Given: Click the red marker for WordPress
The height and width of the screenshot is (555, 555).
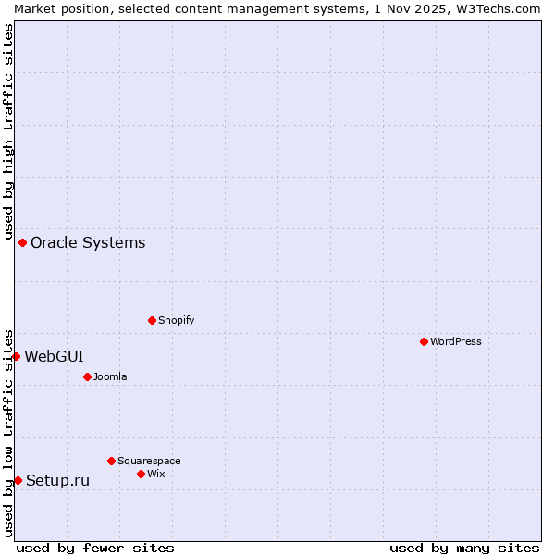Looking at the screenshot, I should (424, 341).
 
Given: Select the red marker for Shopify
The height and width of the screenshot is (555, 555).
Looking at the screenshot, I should (152, 320).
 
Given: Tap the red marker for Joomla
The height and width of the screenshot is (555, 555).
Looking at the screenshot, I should (87, 376).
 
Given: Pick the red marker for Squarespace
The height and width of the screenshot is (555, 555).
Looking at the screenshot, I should (111, 461).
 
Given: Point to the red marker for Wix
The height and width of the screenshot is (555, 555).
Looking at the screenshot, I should (141, 474).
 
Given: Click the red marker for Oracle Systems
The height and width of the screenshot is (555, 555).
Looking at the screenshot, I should (22, 242).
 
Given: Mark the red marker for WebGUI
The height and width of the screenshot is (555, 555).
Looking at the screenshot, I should (16, 356).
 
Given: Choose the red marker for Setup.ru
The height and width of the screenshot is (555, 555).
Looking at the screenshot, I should (18, 480).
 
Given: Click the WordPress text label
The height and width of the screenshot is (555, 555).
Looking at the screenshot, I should (456, 341).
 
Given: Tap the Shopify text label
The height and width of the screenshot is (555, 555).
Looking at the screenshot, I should (176, 320).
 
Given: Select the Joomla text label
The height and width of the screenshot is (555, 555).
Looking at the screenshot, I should (110, 376).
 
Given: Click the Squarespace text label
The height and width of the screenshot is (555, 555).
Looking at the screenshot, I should (149, 461).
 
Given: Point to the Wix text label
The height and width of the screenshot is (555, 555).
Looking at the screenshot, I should (155, 474).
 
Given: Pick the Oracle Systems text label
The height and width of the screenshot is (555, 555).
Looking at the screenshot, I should (88, 242).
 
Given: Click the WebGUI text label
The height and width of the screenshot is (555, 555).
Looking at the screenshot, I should (54, 356).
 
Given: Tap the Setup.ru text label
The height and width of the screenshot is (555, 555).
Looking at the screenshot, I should (57, 480).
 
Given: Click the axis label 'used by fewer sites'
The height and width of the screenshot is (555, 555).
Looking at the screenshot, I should (95, 548).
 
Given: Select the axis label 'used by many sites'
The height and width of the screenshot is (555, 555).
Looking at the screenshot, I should (464, 548).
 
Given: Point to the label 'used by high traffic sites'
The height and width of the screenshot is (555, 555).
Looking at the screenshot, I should (8, 129).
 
